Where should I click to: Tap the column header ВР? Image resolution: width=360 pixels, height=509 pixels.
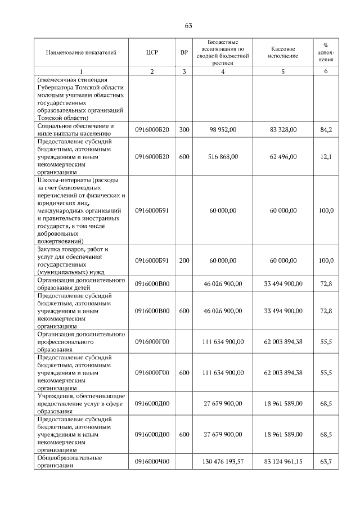tap(184, 52)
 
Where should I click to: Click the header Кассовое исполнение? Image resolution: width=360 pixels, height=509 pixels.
tap(283, 52)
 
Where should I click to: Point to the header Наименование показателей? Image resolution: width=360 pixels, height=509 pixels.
tap(81, 52)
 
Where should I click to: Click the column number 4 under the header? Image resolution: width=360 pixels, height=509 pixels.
tap(223, 71)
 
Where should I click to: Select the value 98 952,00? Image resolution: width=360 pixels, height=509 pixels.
tap(223, 130)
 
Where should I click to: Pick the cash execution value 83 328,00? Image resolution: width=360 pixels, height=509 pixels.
tap(283, 130)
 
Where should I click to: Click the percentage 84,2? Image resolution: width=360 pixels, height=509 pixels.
tap(326, 130)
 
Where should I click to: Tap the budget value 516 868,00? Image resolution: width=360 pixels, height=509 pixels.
tap(223, 157)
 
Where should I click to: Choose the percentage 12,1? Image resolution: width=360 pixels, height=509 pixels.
tap(326, 157)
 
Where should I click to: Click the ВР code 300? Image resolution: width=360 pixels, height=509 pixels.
tap(184, 130)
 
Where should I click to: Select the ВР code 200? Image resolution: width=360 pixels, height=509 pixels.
tap(184, 260)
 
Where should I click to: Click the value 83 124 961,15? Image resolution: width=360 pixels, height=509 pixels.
tap(283, 462)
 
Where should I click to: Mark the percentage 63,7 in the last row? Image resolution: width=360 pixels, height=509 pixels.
tap(326, 462)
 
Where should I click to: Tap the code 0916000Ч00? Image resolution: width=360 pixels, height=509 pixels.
tap(152, 462)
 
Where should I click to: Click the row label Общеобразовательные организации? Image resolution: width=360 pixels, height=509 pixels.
tap(69, 462)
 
